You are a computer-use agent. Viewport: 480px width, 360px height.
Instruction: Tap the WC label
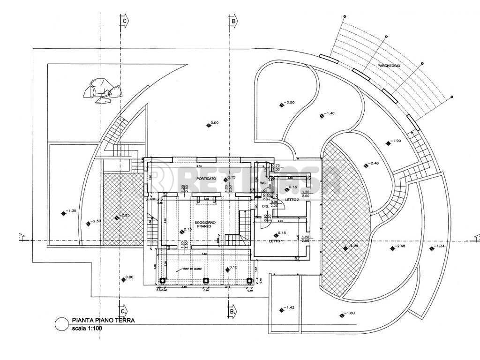point(263,182)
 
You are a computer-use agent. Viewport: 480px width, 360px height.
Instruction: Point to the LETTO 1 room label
point(276,241)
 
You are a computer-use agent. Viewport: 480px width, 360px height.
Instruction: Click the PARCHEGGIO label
point(389,66)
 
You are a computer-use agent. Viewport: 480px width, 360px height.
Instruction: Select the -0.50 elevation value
point(290,102)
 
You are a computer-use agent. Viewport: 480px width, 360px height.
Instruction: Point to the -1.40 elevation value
point(330,113)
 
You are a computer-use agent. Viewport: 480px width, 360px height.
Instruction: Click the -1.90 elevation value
point(396,141)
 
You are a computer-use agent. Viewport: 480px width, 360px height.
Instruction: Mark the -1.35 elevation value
point(71,211)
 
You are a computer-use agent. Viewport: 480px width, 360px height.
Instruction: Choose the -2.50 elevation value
point(96,221)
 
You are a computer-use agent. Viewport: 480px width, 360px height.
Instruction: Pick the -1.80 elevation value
point(349,313)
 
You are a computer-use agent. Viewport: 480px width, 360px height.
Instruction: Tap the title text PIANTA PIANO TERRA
point(104,321)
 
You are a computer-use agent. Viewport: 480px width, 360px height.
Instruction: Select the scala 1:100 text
point(87,328)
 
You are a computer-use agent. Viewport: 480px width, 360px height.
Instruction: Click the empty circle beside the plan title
point(60,324)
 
